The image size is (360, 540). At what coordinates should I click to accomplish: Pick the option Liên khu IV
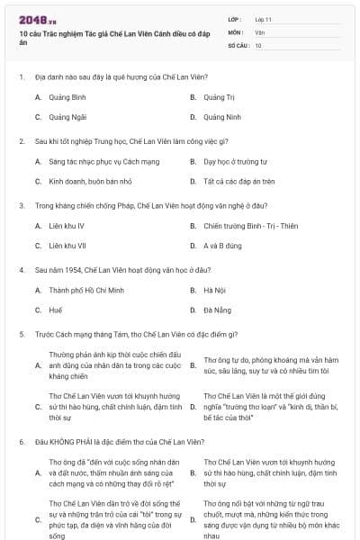coord(67,226)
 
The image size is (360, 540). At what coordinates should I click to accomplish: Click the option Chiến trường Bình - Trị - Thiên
coord(250,226)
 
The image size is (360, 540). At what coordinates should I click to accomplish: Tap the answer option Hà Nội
coord(213,290)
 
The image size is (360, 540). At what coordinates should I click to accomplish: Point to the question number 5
coord(21,334)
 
